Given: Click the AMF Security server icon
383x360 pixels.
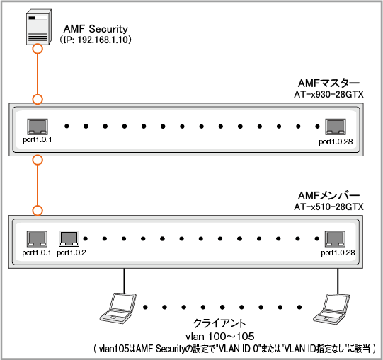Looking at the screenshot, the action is [39, 27].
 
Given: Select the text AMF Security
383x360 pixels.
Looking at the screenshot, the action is [96, 29].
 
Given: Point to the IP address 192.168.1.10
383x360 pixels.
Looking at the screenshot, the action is [103, 40].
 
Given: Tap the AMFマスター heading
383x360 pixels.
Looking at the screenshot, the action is [328, 83].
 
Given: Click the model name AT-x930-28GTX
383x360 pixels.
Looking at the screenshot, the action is [328, 95].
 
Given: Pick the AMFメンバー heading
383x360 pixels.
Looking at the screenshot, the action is [328, 195].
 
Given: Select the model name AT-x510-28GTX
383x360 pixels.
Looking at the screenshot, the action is [328, 207].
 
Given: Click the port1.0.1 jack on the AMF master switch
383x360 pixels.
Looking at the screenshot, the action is [38, 127].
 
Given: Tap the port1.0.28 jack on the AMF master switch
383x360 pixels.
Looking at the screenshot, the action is [336, 127].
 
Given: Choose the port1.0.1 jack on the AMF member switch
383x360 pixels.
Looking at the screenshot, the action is [37, 239].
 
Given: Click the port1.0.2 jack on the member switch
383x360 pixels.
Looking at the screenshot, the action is [69, 238].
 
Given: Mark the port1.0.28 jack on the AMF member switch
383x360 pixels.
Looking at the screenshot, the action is [335, 239].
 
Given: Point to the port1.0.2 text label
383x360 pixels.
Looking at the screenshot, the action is [72, 253].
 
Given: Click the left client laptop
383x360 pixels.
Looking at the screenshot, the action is [118, 308].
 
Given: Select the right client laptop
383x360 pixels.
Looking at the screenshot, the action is [331, 308].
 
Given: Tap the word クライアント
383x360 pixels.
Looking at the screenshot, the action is [219, 324].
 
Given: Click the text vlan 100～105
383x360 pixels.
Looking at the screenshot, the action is [220, 337].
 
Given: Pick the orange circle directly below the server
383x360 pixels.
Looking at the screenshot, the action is [38, 49].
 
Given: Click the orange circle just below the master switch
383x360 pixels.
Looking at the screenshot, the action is [38, 160].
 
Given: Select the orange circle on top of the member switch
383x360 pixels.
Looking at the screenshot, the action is [38, 210].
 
